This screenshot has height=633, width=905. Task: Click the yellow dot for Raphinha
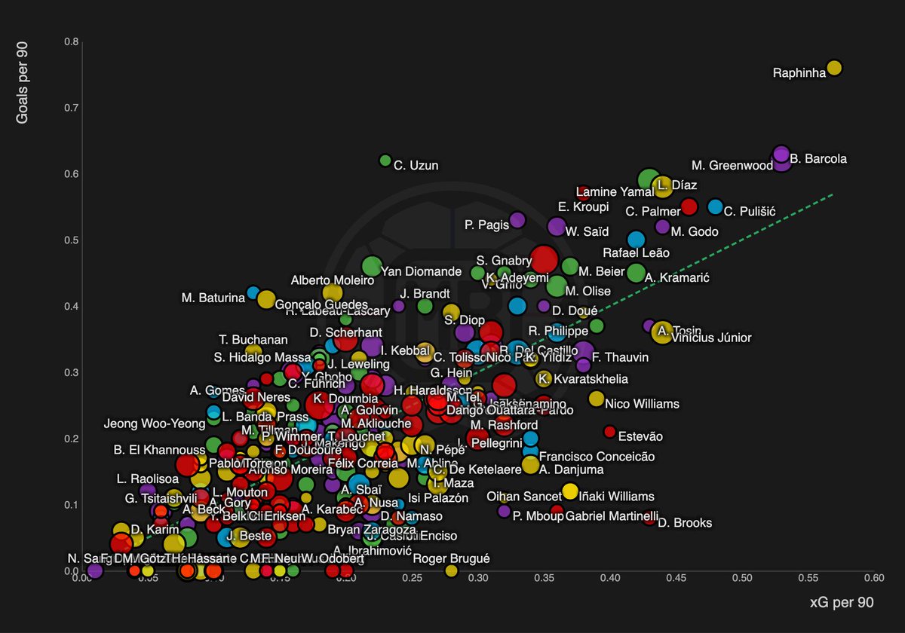coord(834,68)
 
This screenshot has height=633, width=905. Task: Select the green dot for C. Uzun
coord(385,161)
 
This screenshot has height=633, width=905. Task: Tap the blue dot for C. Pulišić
coord(716,206)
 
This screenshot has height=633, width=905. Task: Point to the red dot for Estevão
coord(609,432)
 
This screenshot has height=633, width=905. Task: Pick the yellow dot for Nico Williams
coord(597,399)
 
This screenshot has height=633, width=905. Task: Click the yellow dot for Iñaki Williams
coord(570,491)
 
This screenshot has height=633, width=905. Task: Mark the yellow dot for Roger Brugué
coord(452,570)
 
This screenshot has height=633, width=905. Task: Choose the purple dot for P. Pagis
coord(517,220)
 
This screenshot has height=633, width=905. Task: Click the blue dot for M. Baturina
coord(253,292)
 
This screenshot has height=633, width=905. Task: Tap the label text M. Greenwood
coord(732,166)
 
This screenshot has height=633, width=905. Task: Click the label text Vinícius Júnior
coord(711,338)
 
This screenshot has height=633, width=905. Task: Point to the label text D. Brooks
coord(685,523)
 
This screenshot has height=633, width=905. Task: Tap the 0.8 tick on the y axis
coord(71,41)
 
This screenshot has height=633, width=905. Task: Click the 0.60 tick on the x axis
coord(874,578)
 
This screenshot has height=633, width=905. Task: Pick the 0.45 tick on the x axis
coord(676,578)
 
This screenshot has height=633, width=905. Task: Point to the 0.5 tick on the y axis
coord(71,240)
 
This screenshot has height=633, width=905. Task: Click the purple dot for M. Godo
coord(663,227)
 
